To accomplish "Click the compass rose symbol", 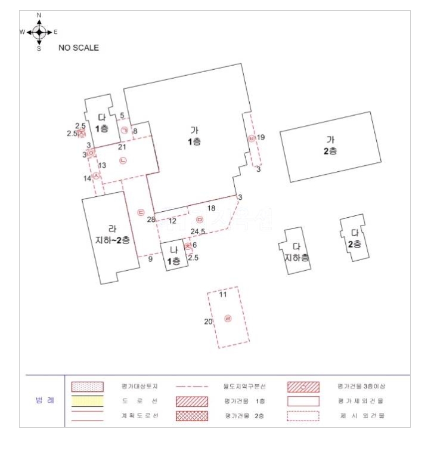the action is (39, 32).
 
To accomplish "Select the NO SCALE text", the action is (78, 48).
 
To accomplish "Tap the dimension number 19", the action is (261, 138).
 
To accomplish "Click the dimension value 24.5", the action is (198, 231).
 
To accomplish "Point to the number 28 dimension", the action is (151, 220).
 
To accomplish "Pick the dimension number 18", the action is (211, 208).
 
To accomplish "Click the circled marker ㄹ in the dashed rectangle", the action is (228, 319).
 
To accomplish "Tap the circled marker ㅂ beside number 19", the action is (252, 138).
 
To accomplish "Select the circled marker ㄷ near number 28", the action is (141, 212).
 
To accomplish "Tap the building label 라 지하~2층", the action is (113, 234).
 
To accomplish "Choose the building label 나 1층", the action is (174, 255).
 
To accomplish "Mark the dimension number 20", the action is (209, 322).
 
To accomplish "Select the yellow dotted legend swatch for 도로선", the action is (88, 401).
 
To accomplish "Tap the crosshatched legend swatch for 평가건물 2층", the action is (192, 416).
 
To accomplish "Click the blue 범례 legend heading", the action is (45, 401).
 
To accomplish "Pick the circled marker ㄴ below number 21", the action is (123, 160).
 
